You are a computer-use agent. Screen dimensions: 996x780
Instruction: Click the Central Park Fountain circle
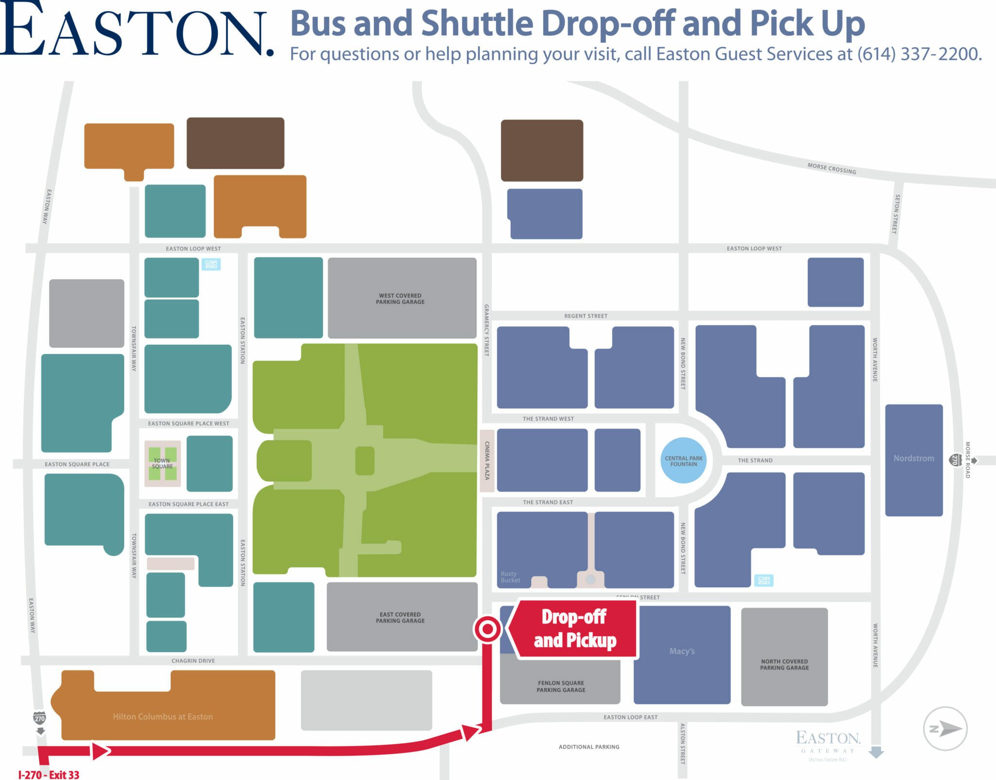[x=683, y=461]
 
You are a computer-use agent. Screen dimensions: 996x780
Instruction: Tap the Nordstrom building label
[x=913, y=458]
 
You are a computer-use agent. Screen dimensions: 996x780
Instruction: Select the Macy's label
[x=682, y=651]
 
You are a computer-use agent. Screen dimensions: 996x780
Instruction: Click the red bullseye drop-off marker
[x=487, y=630]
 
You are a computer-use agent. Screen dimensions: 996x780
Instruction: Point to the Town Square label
[x=162, y=463]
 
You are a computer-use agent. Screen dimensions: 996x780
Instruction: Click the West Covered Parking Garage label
[x=400, y=299]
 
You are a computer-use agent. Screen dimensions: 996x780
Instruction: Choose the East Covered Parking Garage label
[x=400, y=618]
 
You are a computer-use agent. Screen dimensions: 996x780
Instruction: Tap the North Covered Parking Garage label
[x=784, y=665]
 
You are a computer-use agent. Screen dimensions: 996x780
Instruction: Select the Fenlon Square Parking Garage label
[x=561, y=686]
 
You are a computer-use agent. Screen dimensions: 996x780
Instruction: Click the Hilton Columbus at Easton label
[x=162, y=716]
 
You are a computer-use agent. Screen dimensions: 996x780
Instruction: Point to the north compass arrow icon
[x=945, y=728]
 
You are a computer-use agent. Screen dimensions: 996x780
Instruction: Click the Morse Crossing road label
[x=832, y=168]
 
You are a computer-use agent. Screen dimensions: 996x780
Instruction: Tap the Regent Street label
[x=586, y=316]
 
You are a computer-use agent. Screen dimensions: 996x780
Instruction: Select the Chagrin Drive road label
[x=193, y=661]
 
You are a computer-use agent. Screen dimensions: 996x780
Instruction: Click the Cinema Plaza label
[x=487, y=461]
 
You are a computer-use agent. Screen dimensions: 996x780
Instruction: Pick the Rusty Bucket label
[x=510, y=577]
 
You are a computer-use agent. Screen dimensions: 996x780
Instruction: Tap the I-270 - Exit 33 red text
[x=49, y=775]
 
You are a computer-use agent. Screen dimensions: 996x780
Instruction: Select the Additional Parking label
[x=589, y=747]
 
